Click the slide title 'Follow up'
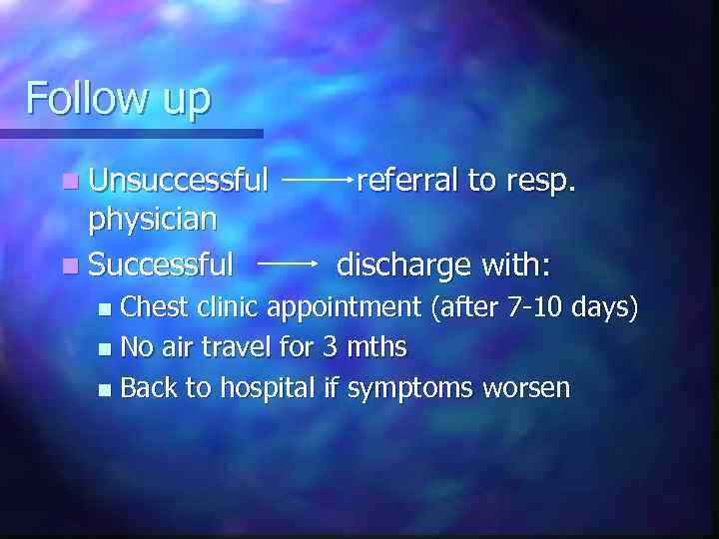click(x=118, y=99)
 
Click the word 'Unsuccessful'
click(x=179, y=180)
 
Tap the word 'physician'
click(x=153, y=218)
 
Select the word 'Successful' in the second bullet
click(x=161, y=265)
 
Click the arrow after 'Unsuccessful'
click(x=317, y=181)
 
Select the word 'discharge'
click(x=403, y=265)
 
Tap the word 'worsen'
click(x=527, y=387)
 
